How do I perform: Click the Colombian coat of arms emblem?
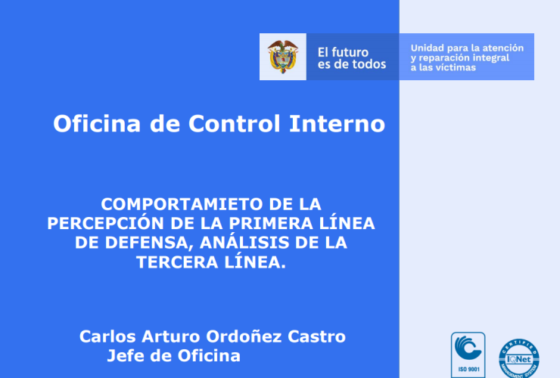pyautogui.click(x=283, y=57)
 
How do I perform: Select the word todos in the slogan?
pyautogui.click(x=369, y=64)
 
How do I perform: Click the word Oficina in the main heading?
pyautogui.click(x=97, y=124)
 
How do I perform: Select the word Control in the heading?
pyautogui.click(x=235, y=124)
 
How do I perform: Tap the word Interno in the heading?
pyautogui.click(x=338, y=124)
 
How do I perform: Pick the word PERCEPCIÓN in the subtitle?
pyautogui.click(x=107, y=224)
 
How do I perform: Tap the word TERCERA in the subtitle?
pyautogui.click(x=178, y=262)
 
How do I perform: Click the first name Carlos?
pyautogui.click(x=107, y=336)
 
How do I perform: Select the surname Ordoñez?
pyautogui.click(x=244, y=336)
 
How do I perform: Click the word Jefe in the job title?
pyautogui.click(x=126, y=356)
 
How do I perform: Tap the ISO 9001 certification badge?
pyautogui.click(x=468, y=355)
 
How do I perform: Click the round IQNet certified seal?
pyautogui.click(x=519, y=358)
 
